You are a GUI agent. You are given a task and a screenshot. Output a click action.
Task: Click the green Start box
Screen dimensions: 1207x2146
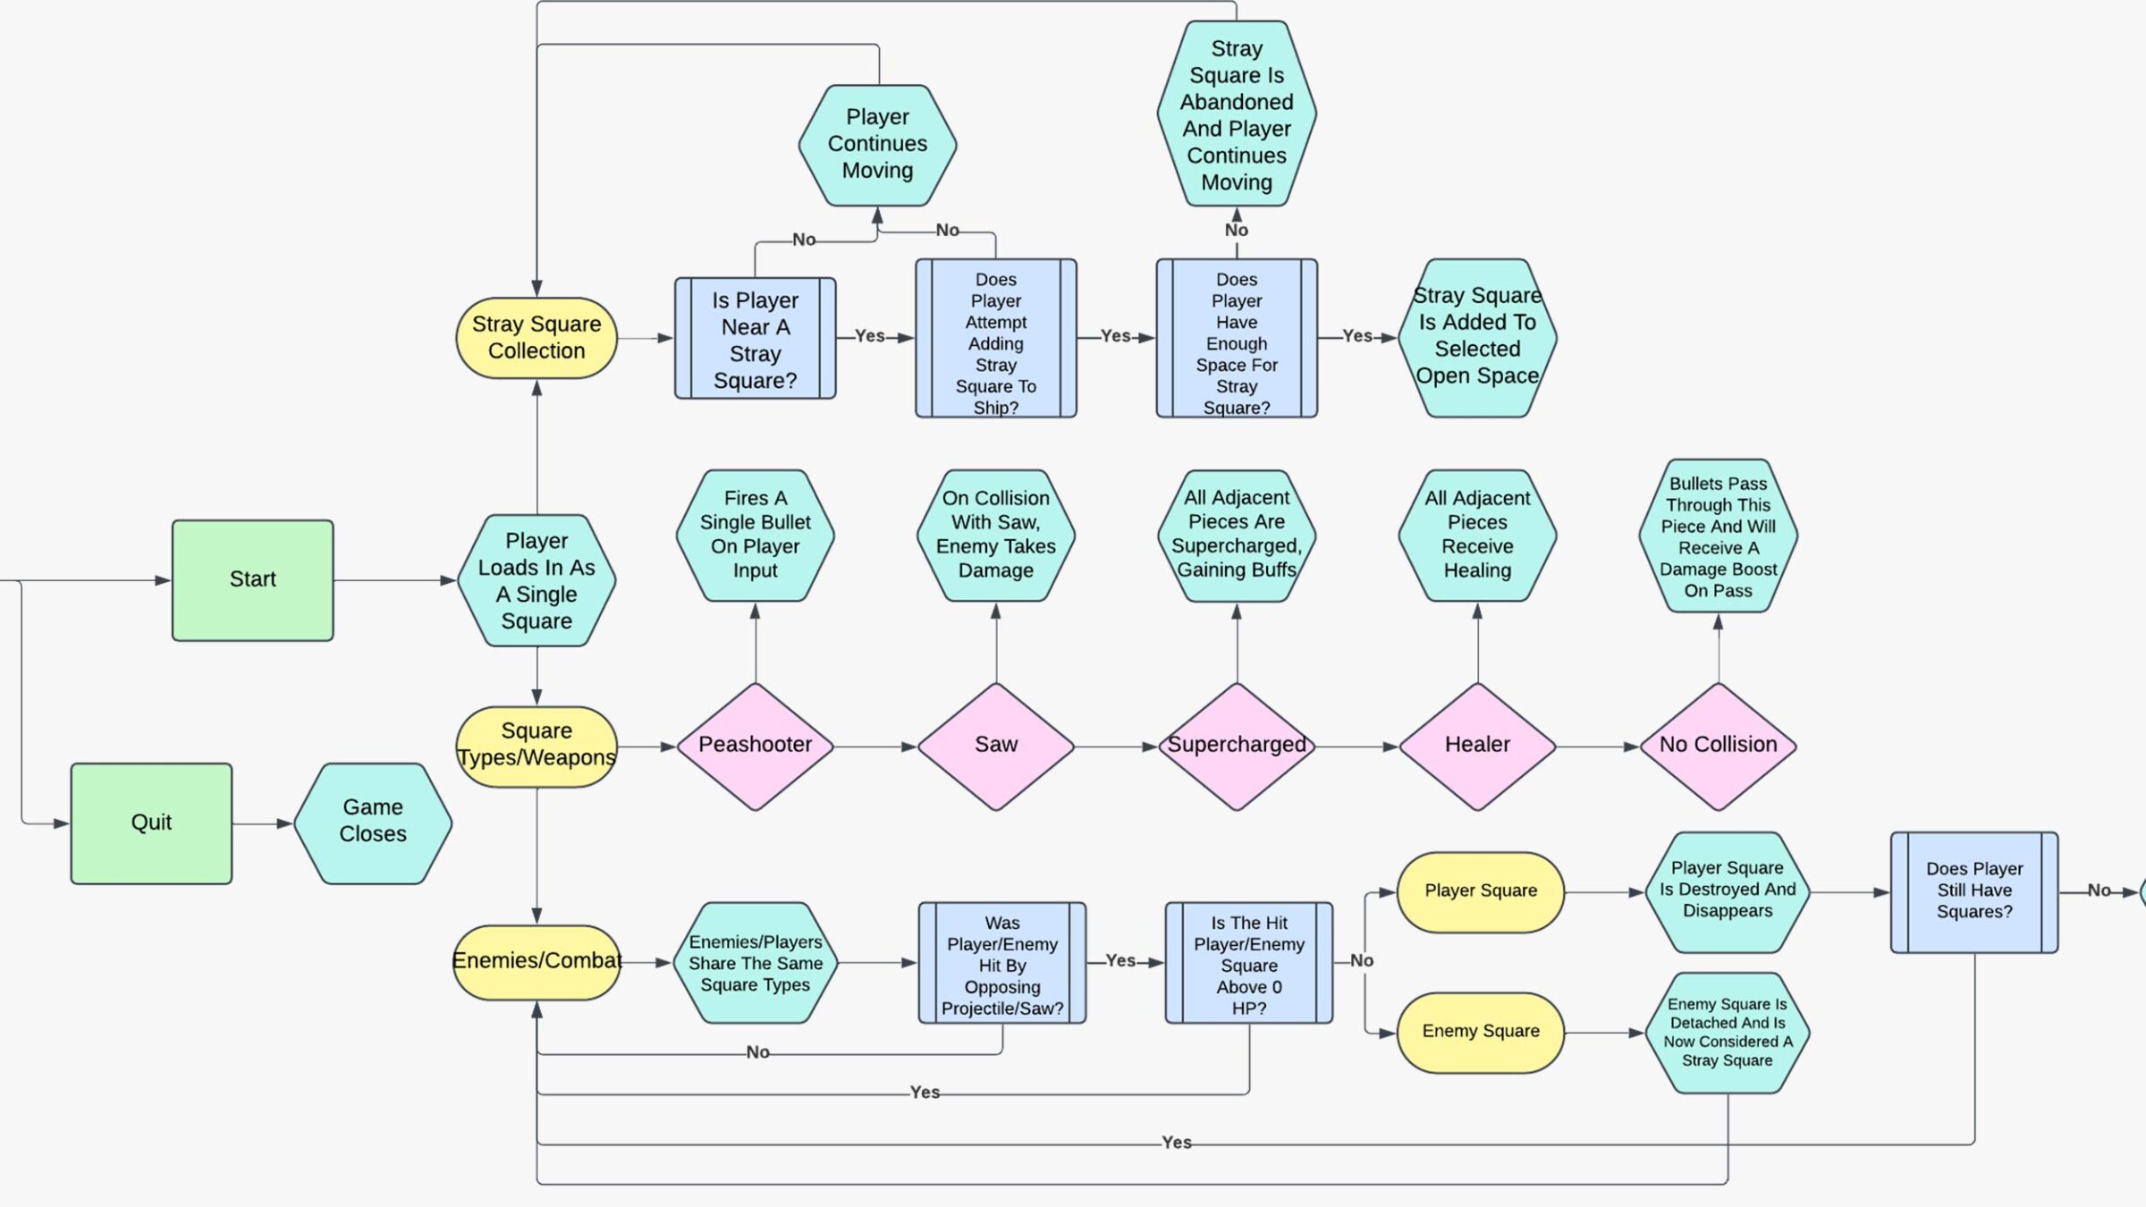pos(252,579)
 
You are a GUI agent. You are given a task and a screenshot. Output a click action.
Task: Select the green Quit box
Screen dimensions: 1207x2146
pos(151,823)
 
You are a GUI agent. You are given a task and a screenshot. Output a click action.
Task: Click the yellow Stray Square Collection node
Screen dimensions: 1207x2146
pos(536,338)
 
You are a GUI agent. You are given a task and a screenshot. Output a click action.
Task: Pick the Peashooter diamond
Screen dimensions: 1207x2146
pos(756,746)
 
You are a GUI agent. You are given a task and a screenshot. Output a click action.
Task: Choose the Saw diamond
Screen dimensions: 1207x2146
pos(996,746)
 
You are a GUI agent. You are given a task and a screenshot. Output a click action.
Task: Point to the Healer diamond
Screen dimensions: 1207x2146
pos(1477,746)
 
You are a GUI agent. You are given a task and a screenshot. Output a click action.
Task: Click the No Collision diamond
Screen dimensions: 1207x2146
pos(1718,746)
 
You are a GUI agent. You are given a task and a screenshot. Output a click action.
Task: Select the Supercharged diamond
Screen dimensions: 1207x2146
pos(1237,746)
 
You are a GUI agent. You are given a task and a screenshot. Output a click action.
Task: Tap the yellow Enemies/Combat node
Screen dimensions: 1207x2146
pos(536,962)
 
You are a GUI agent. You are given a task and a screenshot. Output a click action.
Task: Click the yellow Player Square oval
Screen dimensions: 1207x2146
pos(1481,891)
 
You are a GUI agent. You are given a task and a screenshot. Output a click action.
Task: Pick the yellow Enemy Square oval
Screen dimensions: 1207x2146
pos(1481,1032)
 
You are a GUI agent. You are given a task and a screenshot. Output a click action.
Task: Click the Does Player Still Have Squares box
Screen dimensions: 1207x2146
pos(1974,891)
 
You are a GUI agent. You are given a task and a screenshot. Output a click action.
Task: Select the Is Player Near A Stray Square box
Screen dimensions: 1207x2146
pos(756,339)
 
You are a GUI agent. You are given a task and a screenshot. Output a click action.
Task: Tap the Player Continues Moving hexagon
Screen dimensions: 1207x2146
pos(877,145)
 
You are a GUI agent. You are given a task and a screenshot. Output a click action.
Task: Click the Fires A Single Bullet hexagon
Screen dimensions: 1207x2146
pos(756,535)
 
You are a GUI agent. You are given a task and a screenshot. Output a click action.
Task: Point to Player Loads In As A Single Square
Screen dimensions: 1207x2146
pos(536,580)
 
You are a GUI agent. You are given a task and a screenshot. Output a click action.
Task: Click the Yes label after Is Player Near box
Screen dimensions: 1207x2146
pos(869,336)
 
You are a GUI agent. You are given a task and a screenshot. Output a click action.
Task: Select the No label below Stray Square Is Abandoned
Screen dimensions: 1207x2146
pos(1237,231)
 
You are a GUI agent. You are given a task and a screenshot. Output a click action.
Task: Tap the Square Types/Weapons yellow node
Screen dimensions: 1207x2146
pos(536,746)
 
